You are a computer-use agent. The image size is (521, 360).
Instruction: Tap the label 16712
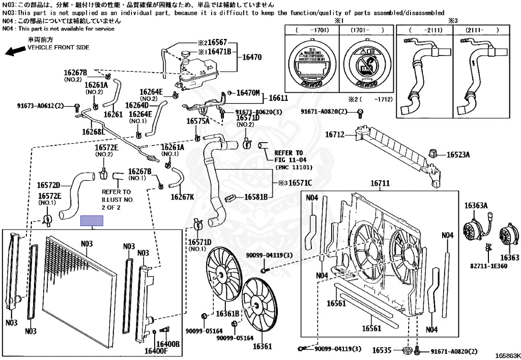(335, 135)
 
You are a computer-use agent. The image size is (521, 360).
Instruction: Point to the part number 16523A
(458, 154)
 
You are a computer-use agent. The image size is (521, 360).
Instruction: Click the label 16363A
(476, 206)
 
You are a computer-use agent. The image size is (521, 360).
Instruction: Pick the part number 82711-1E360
(488, 266)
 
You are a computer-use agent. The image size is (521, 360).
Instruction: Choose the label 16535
(382, 350)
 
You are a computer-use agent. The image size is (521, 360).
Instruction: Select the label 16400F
(156, 350)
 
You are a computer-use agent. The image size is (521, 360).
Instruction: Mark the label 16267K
(183, 197)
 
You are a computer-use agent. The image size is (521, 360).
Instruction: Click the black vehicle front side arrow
(15, 49)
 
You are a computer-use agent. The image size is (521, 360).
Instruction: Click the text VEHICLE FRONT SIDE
(58, 47)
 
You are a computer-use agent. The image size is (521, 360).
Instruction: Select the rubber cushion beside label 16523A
(435, 153)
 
